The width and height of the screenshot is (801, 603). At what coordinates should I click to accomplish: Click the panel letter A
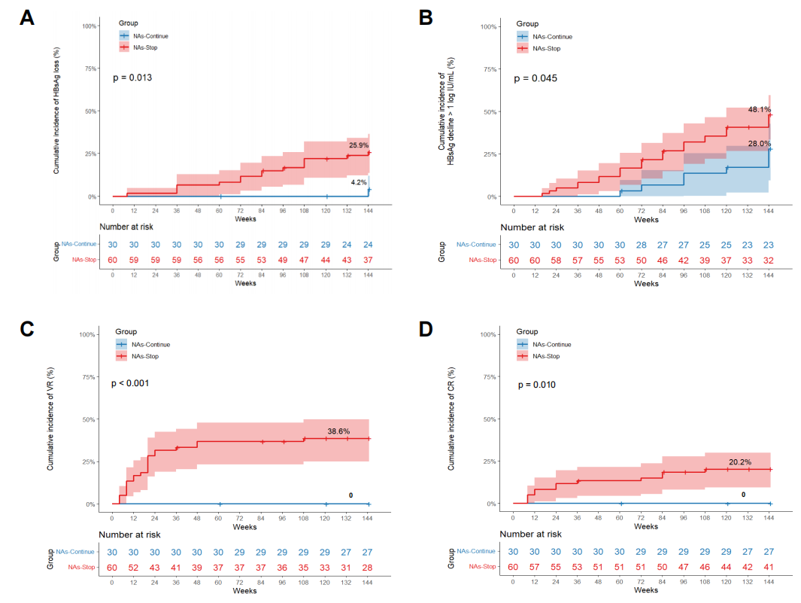(27, 17)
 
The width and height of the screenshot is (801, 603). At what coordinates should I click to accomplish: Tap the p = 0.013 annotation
(132, 78)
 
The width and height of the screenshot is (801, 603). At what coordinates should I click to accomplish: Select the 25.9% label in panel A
(359, 145)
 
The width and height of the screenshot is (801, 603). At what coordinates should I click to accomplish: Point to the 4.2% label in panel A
(359, 182)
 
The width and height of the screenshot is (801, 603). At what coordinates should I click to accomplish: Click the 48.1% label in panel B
(760, 109)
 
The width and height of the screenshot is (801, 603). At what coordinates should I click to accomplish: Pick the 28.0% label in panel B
(760, 144)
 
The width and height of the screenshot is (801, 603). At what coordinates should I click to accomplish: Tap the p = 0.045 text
(536, 78)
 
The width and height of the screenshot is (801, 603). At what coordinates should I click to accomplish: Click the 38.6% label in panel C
(338, 431)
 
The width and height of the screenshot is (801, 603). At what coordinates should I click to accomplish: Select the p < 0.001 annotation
(130, 383)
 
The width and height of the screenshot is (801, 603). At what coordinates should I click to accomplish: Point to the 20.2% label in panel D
(740, 461)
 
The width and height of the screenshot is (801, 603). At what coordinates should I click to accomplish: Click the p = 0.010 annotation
(537, 385)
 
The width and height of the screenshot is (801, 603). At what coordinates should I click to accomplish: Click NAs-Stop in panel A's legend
(146, 47)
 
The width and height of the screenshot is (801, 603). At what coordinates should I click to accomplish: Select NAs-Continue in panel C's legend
(150, 345)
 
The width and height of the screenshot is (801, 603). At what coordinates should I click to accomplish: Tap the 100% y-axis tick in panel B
(488, 26)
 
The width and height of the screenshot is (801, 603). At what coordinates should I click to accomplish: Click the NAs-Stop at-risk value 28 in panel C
(367, 568)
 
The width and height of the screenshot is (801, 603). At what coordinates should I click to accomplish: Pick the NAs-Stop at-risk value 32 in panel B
(769, 260)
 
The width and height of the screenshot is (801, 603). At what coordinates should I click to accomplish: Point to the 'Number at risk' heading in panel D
(531, 534)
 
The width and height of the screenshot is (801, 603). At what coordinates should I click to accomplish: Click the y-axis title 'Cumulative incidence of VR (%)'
(50, 419)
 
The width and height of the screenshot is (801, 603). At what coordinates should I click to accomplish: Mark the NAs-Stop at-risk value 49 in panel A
(283, 260)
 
